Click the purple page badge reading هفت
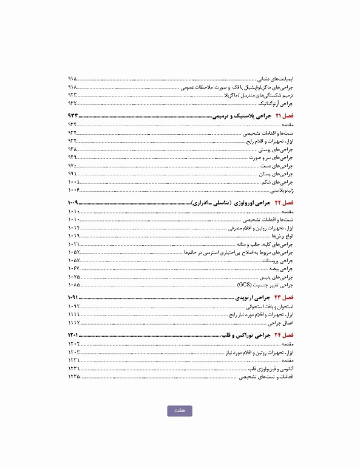(x=180, y=411)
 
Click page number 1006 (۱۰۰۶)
(x=74, y=190)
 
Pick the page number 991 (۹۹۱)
(x=73, y=174)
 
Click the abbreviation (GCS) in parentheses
(x=245, y=284)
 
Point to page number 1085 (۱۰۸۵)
(x=74, y=284)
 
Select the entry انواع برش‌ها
(x=282, y=235)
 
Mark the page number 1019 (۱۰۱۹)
(x=74, y=235)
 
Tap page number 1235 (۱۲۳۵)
(x=74, y=377)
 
